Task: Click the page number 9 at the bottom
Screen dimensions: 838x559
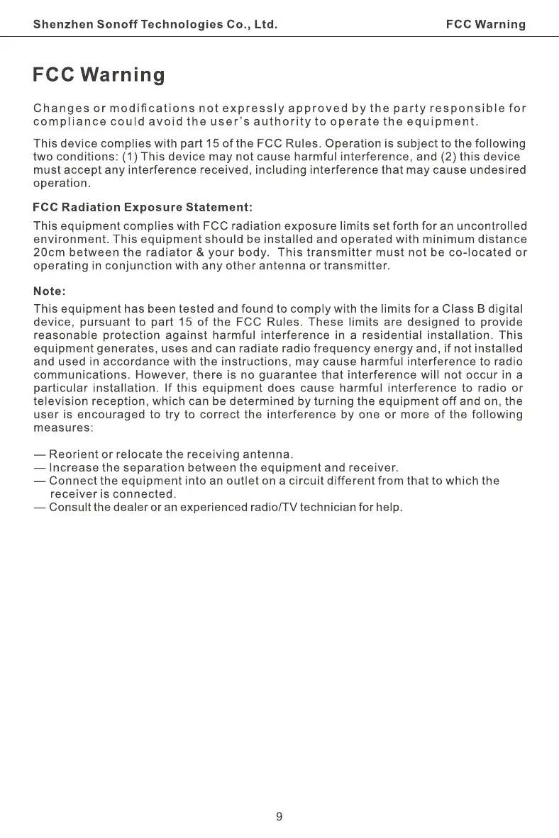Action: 279,816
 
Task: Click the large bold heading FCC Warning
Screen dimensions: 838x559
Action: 99,75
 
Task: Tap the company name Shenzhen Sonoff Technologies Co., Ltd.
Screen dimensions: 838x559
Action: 155,25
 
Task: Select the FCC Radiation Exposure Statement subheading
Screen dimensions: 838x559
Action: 143,208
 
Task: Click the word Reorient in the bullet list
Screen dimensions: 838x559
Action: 74,454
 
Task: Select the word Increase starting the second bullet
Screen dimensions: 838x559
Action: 74,468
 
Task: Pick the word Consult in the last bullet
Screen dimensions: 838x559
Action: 72,508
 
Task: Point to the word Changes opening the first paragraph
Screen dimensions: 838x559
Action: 59,108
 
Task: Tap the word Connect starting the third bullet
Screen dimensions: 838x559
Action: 72,481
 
